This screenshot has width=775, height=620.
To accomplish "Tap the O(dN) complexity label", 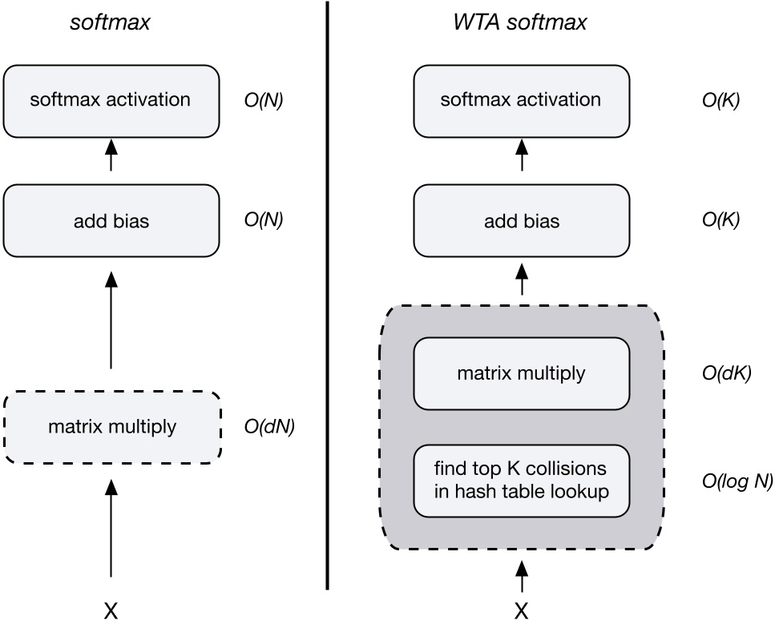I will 269,427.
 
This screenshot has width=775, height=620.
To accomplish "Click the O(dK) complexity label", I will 725,372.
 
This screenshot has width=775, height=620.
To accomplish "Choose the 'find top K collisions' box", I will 521,480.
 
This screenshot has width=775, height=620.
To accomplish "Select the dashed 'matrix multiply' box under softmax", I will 111,427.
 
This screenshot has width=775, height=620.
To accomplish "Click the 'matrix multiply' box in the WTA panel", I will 521,372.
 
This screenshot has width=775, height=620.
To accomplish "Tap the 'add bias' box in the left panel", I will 111,220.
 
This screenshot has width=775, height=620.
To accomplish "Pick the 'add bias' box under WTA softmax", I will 521,220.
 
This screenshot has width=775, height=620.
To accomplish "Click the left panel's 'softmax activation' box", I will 111,101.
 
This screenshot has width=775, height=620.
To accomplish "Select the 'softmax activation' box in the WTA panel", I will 521,101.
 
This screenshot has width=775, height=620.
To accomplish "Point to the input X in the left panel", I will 111,610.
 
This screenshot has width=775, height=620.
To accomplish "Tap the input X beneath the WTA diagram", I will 521,610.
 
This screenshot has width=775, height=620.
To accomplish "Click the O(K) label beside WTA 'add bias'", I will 721,220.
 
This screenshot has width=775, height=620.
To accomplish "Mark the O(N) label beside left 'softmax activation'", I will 264,101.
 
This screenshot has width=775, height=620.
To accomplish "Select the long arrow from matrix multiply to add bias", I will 111,320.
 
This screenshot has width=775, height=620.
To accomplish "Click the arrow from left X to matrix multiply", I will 111,529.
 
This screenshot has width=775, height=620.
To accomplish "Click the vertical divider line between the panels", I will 327,304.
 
